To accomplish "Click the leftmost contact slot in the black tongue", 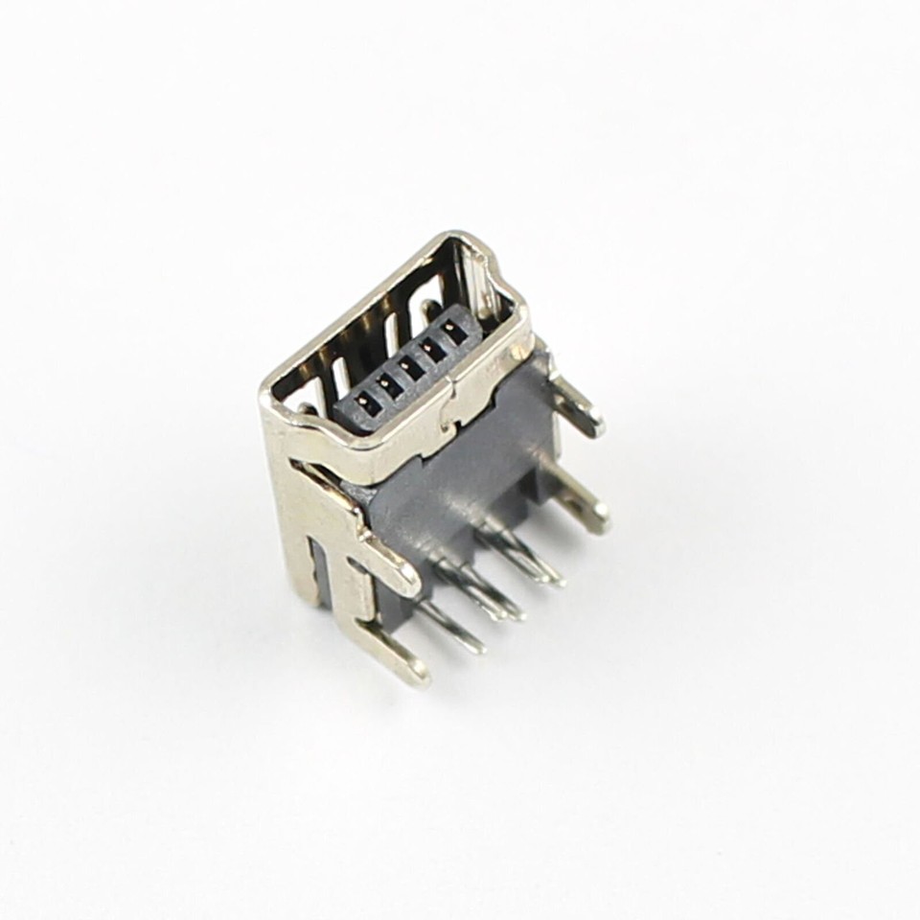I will [x=365, y=402].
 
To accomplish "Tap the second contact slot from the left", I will [x=387, y=385].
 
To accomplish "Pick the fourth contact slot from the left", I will [x=432, y=350].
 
